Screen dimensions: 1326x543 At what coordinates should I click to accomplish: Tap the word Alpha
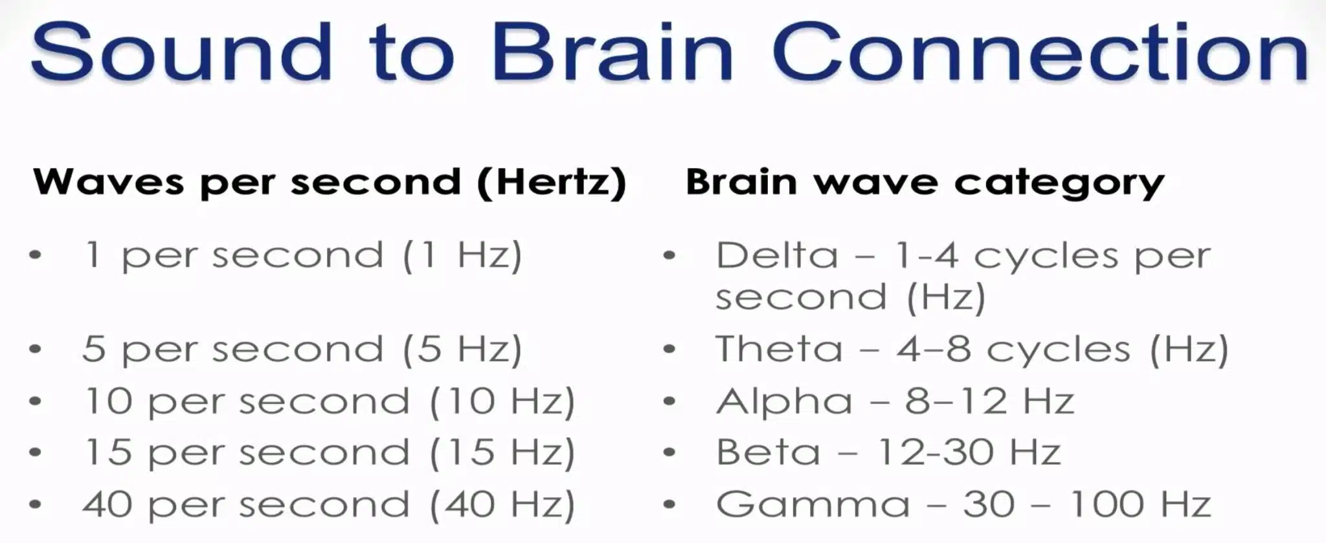coord(784,401)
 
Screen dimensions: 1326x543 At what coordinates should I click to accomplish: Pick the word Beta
coord(768,452)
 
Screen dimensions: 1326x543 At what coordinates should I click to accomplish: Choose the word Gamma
coord(813,504)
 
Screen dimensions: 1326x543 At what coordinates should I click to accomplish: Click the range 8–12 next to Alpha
coord(956,401)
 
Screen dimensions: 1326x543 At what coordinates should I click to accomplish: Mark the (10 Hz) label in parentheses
coord(502,402)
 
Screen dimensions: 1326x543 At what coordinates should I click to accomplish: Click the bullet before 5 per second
coord(36,349)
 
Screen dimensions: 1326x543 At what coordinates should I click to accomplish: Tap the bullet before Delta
coord(669,256)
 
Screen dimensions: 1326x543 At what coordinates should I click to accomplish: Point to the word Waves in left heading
coord(108,182)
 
